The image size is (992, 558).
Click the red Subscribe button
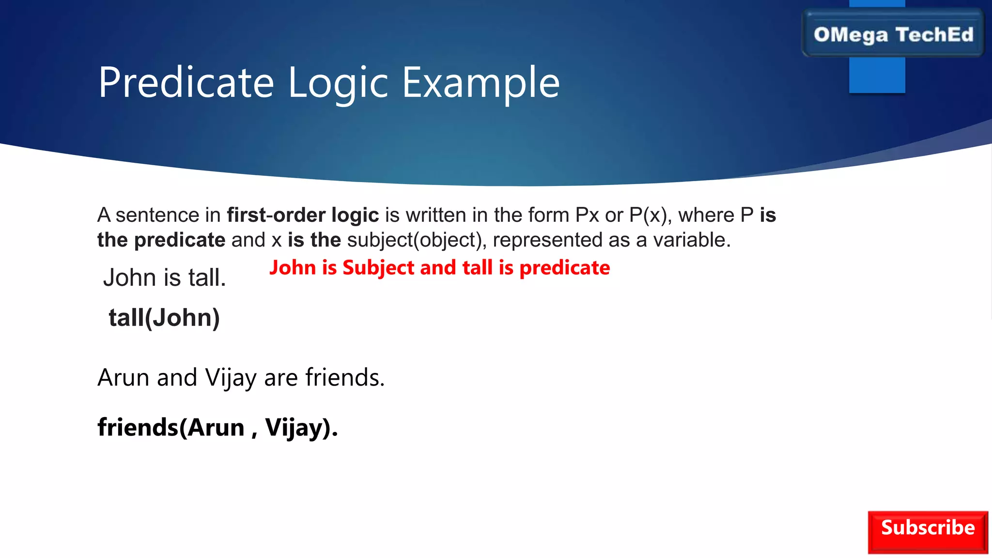tap(928, 532)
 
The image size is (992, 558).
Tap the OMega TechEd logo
tap(893, 34)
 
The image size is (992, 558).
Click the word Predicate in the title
tap(186, 83)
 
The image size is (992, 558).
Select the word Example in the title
tap(481, 83)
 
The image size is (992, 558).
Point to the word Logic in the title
tap(338, 83)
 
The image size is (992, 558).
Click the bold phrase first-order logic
tap(303, 215)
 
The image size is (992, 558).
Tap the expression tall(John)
tap(164, 318)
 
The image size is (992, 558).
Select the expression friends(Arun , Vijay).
tap(217, 427)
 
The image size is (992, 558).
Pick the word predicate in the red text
tap(564, 268)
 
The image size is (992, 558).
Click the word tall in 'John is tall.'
tap(207, 278)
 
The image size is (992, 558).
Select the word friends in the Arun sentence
tap(345, 377)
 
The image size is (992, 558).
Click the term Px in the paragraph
tap(587, 215)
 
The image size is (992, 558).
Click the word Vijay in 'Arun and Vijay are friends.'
tap(231, 378)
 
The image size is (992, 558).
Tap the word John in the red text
tap(293, 268)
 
